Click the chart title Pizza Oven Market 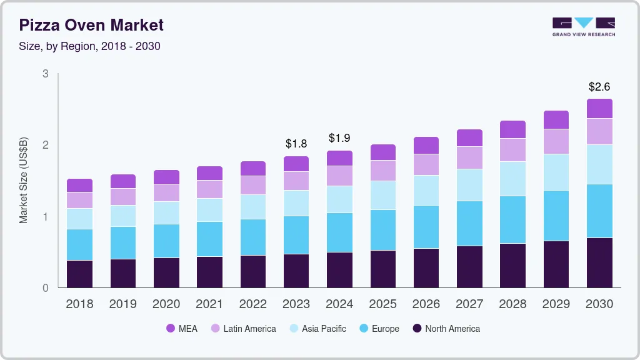click(91, 25)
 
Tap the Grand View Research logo click(584, 26)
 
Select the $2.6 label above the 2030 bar click(599, 86)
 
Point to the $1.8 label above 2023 click(296, 144)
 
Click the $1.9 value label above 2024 click(339, 138)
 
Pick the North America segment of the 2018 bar click(79, 274)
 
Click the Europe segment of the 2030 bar click(599, 211)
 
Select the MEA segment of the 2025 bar click(383, 152)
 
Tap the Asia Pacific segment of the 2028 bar click(513, 179)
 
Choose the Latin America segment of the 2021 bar click(209, 189)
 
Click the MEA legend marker click(171, 329)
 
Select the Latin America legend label click(249, 329)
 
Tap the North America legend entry click(446, 329)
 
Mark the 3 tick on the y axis click(46, 74)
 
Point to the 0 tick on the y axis click(46, 288)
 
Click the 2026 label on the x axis click(426, 304)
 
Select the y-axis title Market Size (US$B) click(24, 181)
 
